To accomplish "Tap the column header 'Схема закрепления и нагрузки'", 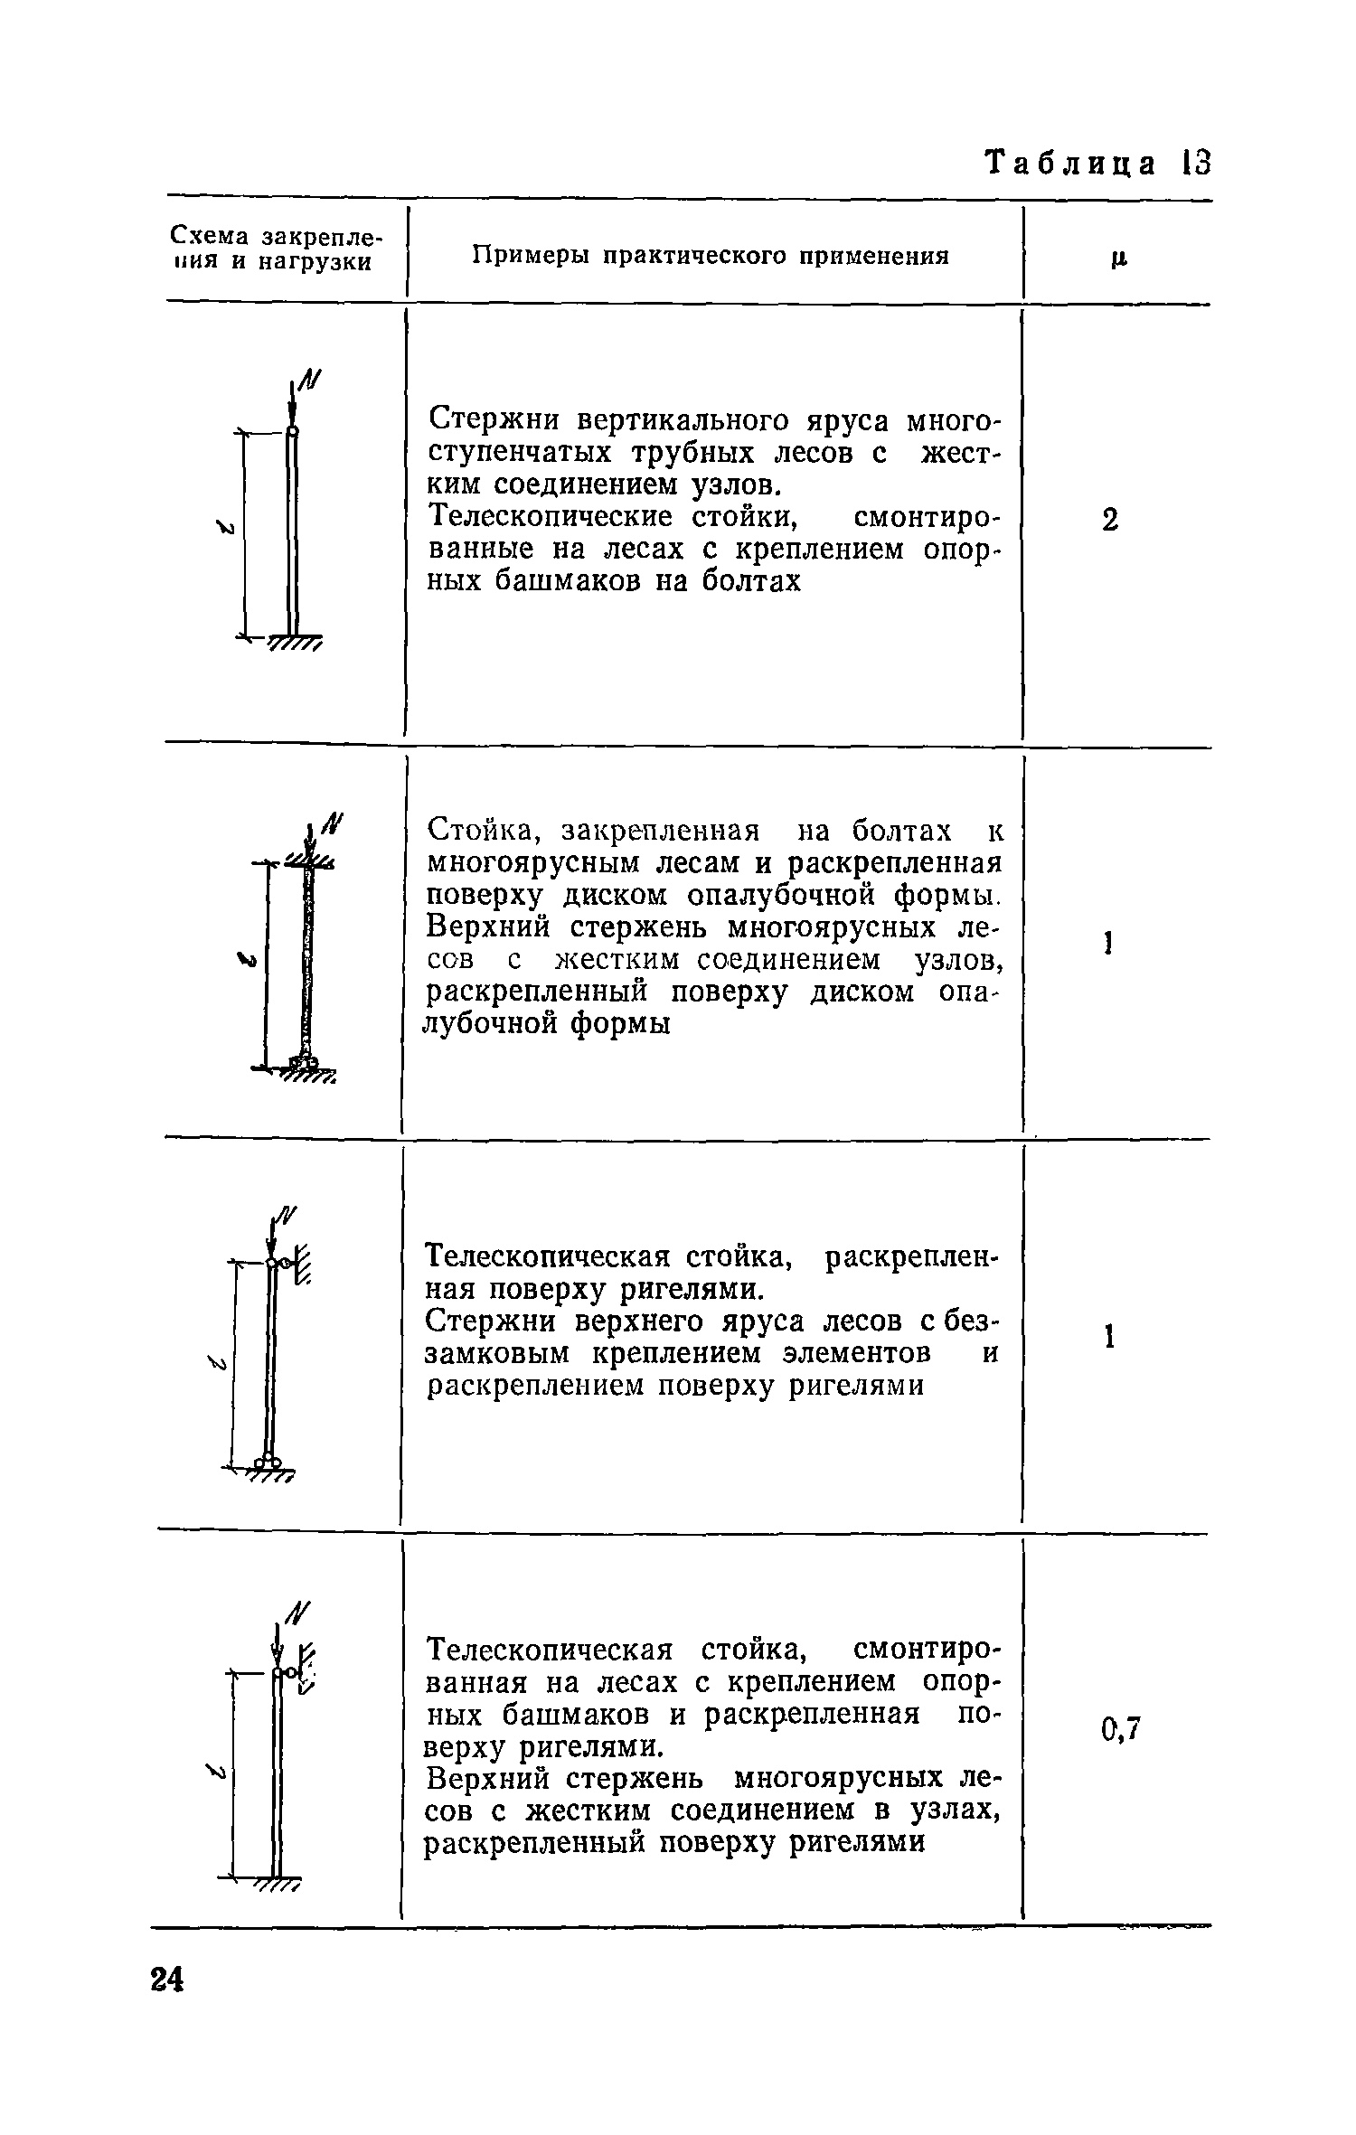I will pos(276,249).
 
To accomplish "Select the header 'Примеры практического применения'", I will pos(711,256).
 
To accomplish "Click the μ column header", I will pos(1119,259).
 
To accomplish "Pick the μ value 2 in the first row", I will pos(1111,521).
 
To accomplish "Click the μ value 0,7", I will pos(1122,1730).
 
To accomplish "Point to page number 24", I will pos(166,2031).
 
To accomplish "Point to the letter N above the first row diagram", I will pos(312,381).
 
